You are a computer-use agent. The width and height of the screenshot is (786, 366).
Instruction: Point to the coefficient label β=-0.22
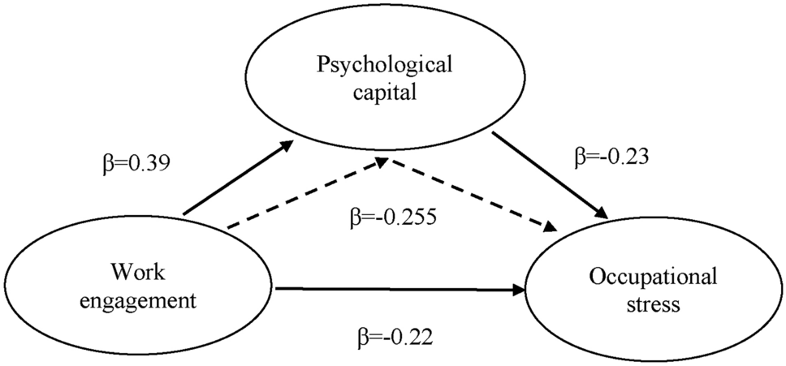pos(390,334)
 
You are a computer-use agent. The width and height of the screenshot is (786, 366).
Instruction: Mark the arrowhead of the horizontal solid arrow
pos(520,288)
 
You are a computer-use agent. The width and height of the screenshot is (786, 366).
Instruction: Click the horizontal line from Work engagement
pos(390,288)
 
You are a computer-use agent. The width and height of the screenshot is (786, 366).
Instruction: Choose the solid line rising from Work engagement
pos(235,181)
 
